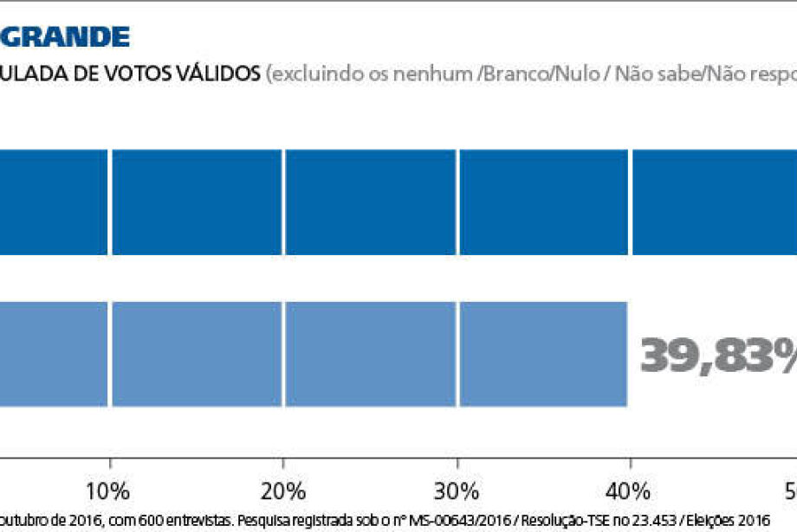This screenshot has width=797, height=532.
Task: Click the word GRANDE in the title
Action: [x=65, y=36]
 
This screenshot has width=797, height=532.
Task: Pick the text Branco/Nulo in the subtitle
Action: [x=540, y=74]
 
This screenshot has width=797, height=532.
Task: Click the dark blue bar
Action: [x=398, y=202]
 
